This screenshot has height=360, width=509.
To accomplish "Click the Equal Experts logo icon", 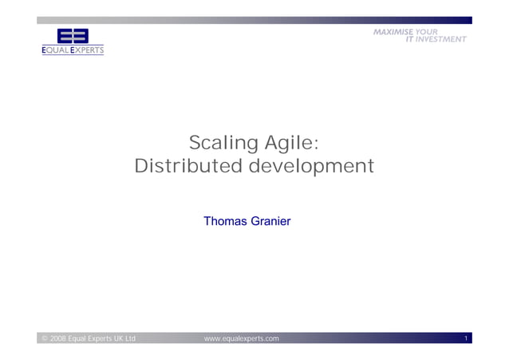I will (73, 37).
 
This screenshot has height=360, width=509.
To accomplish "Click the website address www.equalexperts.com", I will (242, 339).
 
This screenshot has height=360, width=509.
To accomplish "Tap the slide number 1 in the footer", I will (466, 339).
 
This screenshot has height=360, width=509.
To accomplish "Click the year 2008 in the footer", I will (57, 339).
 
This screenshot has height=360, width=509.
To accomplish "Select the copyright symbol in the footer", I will (44, 339).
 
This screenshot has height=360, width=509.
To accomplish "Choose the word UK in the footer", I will (114, 339).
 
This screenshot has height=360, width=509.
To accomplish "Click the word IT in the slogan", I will (410, 38).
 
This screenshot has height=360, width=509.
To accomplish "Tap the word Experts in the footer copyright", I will (94, 339).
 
